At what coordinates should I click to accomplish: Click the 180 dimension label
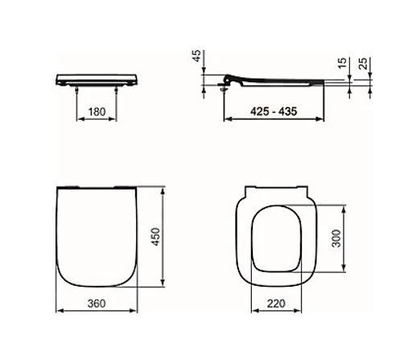click(x=97, y=112)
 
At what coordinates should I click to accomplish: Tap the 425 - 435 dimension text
click(x=274, y=111)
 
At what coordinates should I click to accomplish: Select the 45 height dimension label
click(x=197, y=56)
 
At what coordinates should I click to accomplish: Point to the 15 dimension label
click(x=342, y=63)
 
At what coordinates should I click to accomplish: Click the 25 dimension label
click(x=363, y=64)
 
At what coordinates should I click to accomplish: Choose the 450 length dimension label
click(x=155, y=237)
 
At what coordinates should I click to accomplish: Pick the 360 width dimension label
click(x=97, y=304)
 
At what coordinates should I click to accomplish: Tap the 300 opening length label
click(x=336, y=238)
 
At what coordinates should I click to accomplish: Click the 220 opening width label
click(x=276, y=304)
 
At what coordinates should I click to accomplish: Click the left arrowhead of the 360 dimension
click(x=60, y=311)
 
